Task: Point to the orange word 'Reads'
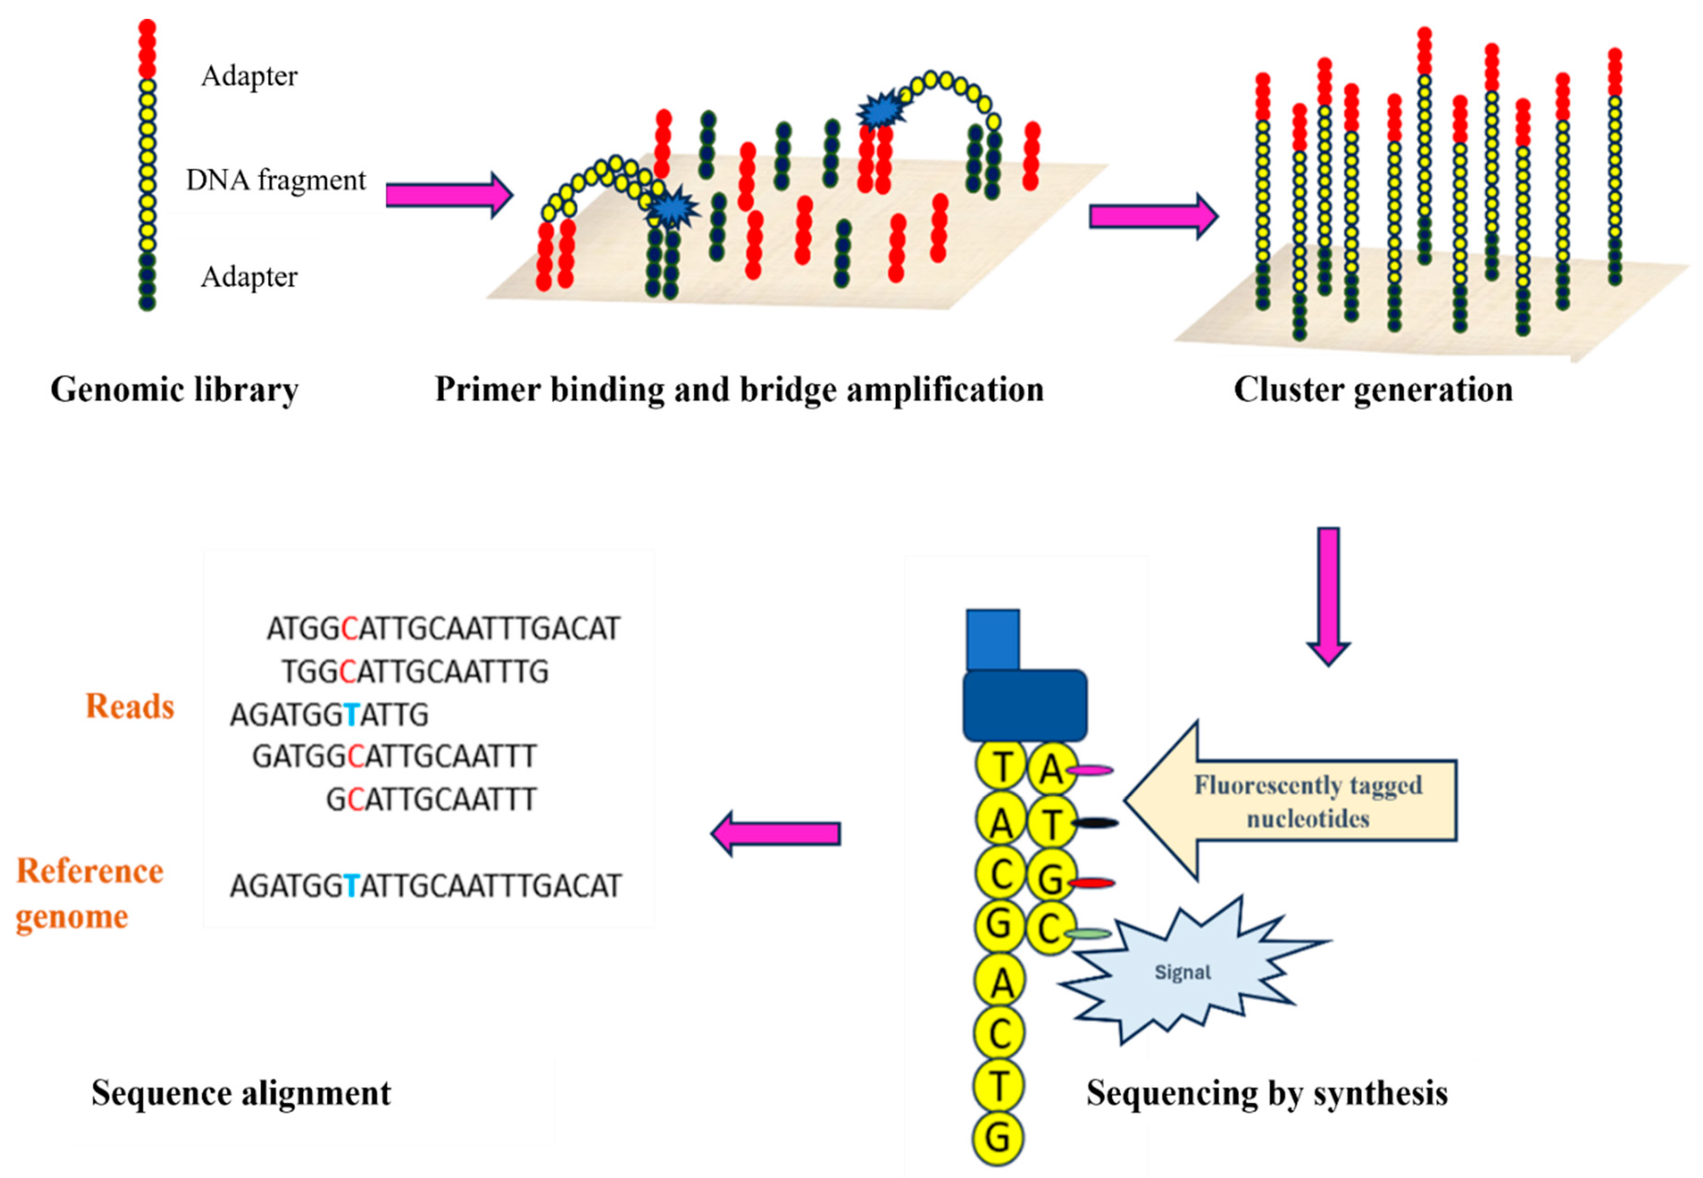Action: tap(130, 707)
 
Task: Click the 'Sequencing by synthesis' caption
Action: tap(1266, 1093)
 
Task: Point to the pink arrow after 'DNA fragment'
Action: tap(448, 195)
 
